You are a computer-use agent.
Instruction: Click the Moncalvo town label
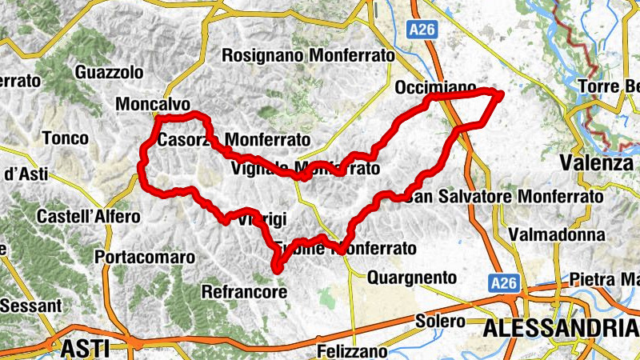coord(153,105)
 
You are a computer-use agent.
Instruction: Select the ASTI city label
coord(85,347)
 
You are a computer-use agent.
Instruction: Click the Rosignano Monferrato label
coord(309,56)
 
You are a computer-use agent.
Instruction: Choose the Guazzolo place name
coord(109,72)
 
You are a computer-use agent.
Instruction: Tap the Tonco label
coord(66,138)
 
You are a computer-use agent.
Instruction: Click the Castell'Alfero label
coord(88,217)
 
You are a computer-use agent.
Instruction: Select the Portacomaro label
coord(145,258)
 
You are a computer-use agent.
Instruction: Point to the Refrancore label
coord(244,292)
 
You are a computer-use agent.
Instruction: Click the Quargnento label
coord(411,278)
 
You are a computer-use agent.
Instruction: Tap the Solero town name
coord(440,321)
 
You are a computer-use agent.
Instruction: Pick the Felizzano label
coord(352,351)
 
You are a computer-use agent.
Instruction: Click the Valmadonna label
coord(557,235)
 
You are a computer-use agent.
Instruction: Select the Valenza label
coord(597,162)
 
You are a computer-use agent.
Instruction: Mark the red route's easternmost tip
coord(502,94)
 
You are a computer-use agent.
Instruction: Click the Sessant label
coord(30,306)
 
